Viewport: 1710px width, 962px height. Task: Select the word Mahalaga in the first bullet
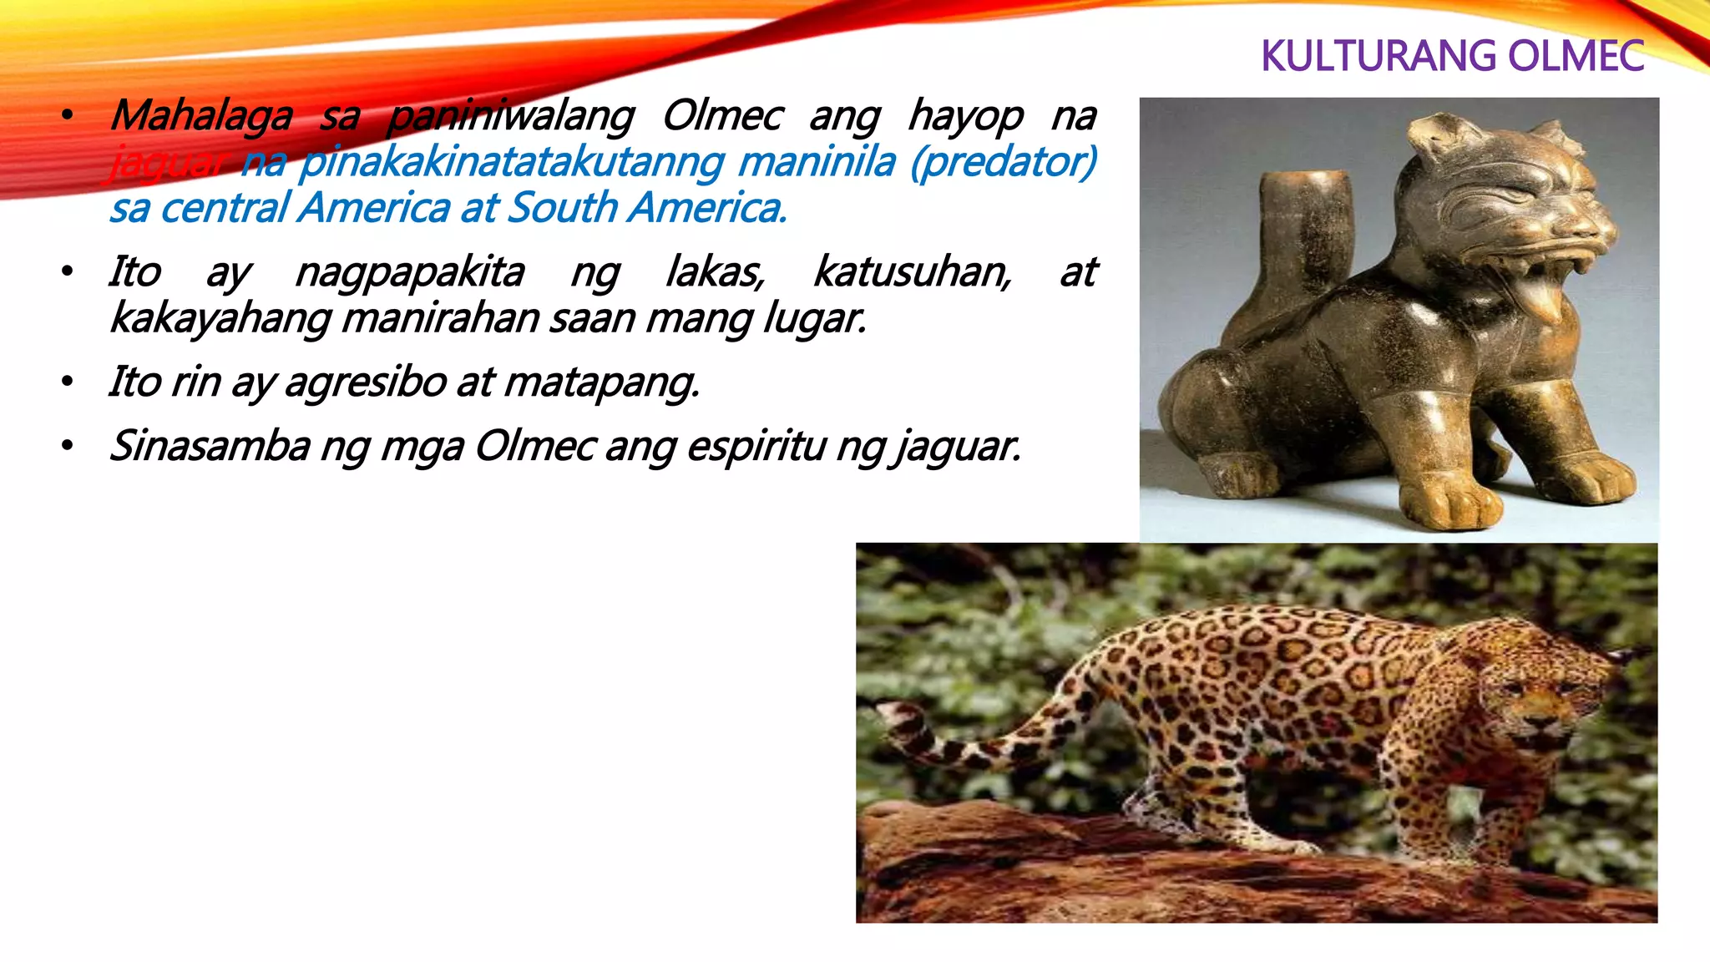click(201, 116)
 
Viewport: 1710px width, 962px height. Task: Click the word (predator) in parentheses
click(1003, 162)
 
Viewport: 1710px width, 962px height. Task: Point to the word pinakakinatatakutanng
click(510, 162)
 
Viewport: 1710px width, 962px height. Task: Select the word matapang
click(601, 382)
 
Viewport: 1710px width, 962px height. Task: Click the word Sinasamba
click(210, 446)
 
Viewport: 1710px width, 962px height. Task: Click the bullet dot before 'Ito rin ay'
click(68, 382)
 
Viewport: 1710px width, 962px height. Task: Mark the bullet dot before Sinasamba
click(68, 446)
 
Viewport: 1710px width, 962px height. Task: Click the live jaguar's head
click(1545, 697)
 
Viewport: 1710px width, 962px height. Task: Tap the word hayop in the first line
click(965, 116)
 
